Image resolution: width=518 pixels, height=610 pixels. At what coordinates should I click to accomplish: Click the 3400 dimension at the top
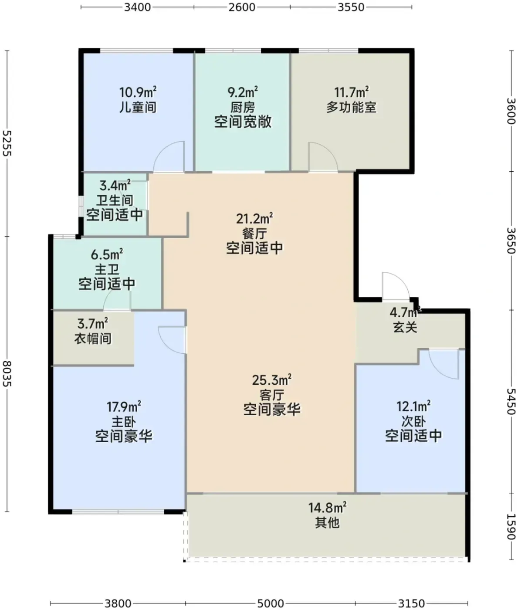137,7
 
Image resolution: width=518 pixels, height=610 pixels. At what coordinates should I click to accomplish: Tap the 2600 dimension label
242,7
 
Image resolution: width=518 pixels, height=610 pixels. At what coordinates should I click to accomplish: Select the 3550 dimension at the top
351,7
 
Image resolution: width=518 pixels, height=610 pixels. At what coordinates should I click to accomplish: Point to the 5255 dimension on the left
7,143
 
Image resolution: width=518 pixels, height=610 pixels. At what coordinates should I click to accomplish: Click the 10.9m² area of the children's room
138,92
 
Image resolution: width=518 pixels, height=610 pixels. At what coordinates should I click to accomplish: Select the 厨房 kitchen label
243,107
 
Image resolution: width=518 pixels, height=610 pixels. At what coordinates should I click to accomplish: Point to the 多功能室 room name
351,107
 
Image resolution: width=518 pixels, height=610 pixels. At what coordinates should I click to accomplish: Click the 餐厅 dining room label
254,234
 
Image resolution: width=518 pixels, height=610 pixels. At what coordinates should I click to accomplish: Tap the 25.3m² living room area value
272,380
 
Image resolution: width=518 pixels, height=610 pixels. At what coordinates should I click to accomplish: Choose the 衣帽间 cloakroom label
93,339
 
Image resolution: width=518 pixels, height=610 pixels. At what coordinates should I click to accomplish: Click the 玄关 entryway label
405,327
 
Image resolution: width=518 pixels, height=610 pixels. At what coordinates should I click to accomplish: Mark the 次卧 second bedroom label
413,421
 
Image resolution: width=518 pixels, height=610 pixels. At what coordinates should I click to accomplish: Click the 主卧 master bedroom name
124,422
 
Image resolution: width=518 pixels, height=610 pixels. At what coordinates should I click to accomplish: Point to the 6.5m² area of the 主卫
107,254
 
